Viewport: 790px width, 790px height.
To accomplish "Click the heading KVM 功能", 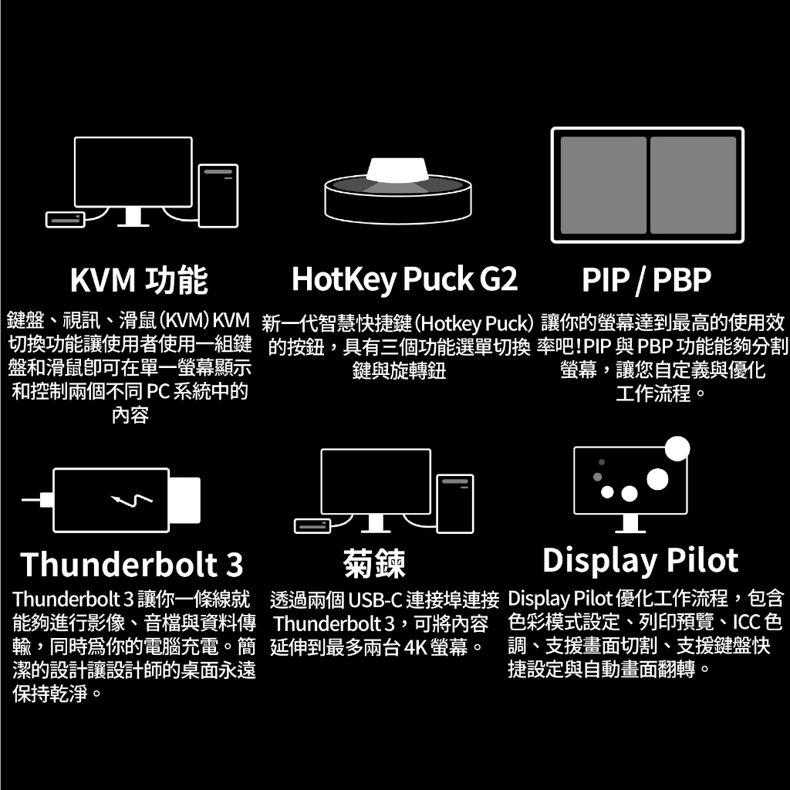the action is (139, 280).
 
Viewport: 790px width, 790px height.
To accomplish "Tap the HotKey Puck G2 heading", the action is (404, 279).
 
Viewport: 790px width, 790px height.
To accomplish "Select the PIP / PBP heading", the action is (647, 279).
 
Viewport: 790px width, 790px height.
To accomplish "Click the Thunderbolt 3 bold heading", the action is (131, 564).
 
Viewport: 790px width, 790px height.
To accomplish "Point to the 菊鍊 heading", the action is (374, 563).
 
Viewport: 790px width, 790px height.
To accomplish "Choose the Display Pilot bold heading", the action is (640, 560).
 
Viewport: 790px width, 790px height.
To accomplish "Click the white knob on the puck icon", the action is (397, 169).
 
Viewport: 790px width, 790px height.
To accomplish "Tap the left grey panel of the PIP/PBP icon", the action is (603, 185).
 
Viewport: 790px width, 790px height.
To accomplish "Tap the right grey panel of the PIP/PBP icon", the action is (693, 185).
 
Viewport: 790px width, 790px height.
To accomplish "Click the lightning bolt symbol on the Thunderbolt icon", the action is (132, 500).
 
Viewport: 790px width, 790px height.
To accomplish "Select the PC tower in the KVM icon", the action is (218, 195).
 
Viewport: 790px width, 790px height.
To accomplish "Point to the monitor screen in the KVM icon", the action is (133, 172).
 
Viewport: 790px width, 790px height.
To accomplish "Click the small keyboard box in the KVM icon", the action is (65, 220).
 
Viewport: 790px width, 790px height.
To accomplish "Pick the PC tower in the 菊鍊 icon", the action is (455, 504).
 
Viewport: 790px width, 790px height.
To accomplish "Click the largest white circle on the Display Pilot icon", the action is (677, 448).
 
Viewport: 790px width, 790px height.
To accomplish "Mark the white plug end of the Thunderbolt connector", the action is (184, 500).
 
